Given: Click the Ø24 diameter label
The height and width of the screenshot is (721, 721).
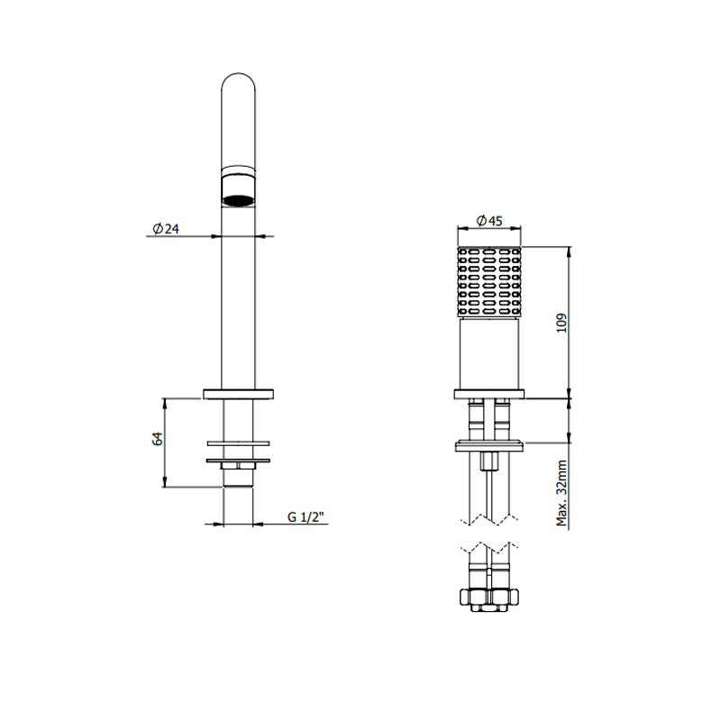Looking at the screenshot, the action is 166,229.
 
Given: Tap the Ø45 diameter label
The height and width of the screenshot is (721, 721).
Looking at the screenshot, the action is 489,221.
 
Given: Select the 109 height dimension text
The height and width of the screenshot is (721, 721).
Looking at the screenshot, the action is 561,324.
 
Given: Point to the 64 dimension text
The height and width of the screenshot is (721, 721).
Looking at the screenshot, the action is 157,439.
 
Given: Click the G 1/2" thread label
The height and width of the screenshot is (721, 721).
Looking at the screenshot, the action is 306,516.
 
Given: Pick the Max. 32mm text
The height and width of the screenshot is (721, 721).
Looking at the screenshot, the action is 561,493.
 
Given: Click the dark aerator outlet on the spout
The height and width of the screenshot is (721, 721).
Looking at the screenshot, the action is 238,200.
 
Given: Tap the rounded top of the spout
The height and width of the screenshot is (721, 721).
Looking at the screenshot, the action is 238,83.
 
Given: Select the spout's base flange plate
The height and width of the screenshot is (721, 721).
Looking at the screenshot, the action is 238,394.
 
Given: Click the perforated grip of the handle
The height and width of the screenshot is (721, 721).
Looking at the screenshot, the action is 489,282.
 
